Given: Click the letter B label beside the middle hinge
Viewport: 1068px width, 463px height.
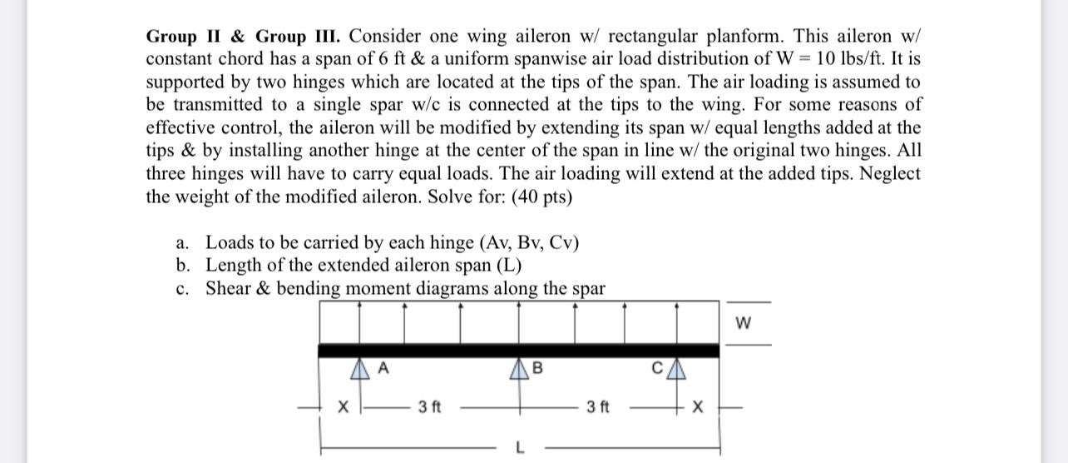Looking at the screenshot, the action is (x=537, y=366).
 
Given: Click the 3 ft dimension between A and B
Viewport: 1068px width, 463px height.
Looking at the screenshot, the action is (x=430, y=407).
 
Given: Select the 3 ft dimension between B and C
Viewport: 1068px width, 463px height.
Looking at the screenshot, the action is (x=597, y=407).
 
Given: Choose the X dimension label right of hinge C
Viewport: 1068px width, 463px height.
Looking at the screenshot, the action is (x=699, y=408).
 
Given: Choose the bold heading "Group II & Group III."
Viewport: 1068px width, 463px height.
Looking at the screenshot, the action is (x=246, y=37).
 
